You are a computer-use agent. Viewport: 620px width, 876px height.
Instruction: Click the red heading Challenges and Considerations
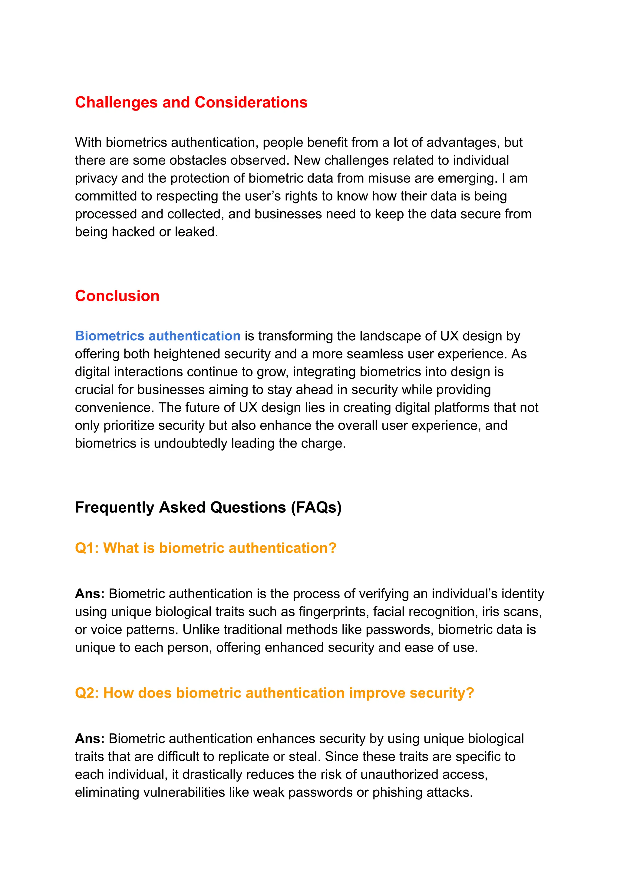[x=191, y=102]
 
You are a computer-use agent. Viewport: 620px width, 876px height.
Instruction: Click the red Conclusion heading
[x=117, y=296]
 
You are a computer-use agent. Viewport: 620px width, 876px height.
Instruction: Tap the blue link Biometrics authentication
[x=157, y=336]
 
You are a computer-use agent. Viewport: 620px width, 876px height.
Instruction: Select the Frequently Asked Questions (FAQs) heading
[x=208, y=507]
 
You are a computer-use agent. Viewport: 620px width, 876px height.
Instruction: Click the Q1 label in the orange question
[x=87, y=548]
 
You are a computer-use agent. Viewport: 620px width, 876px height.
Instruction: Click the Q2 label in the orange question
[x=87, y=693]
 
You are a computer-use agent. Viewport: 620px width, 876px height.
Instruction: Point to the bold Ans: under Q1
[x=90, y=594]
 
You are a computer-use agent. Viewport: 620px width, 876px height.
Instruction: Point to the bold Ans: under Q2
[x=90, y=739]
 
